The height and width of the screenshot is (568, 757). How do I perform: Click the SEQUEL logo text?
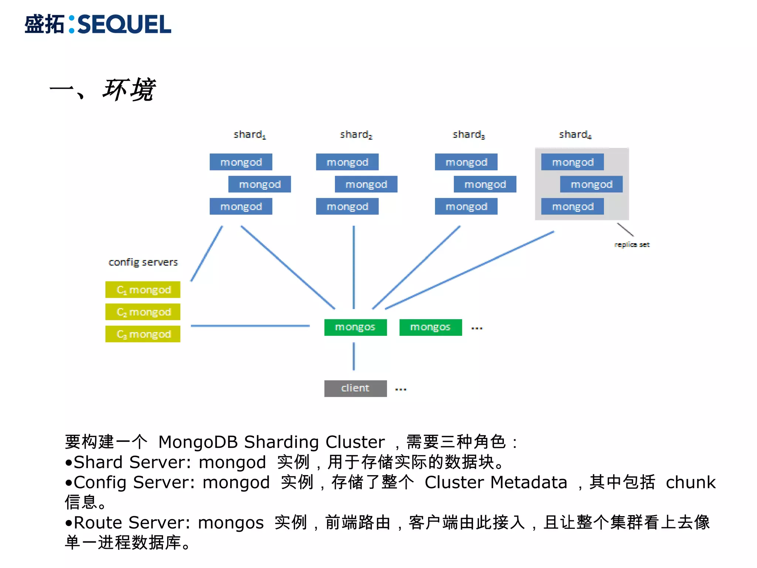tap(124, 24)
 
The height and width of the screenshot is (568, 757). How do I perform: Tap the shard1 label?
tap(249, 135)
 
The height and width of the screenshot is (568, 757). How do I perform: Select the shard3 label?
tap(468, 135)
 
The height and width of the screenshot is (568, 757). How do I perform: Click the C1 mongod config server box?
tap(143, 290)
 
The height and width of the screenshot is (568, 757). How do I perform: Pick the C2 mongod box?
tap(143, 312)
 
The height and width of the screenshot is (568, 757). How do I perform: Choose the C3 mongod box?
tap(143, 334)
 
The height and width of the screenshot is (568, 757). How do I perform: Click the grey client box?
tap(355, 388)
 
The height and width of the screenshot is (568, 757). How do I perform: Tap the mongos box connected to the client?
tap(355, 327)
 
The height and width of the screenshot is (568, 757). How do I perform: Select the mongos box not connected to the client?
tap(431, 327)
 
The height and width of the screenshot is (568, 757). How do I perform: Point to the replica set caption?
tap(632, 244)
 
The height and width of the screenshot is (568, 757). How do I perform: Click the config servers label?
tap(143, 262)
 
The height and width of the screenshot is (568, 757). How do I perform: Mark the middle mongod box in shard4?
tap(591, 184)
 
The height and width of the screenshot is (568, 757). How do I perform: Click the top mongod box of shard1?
tap(241, 162)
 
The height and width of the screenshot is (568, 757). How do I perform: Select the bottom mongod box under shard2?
tap(347, 206)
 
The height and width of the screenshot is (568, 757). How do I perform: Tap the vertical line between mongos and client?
tap(354, 356)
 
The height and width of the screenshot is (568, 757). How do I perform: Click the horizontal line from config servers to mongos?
tap(250, 326)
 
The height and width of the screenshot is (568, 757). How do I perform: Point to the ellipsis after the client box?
tap(401, 389)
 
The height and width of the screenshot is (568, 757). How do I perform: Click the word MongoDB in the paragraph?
tap(198, 442)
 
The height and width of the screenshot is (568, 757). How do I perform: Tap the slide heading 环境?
tap(129, 90)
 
